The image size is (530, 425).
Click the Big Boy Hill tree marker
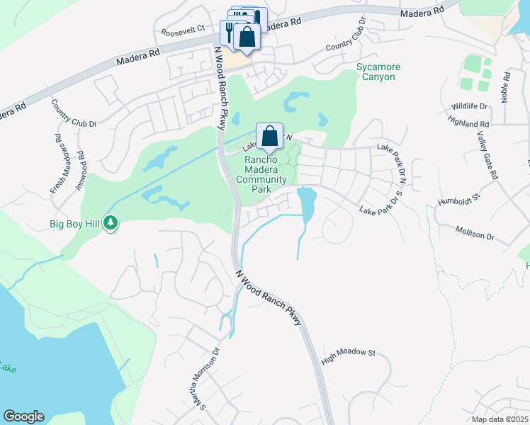111,224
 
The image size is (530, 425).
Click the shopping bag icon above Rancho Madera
269,135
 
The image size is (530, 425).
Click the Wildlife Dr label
470,106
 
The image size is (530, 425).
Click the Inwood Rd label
80,165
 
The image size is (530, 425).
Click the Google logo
23,416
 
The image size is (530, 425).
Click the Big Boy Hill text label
75,225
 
